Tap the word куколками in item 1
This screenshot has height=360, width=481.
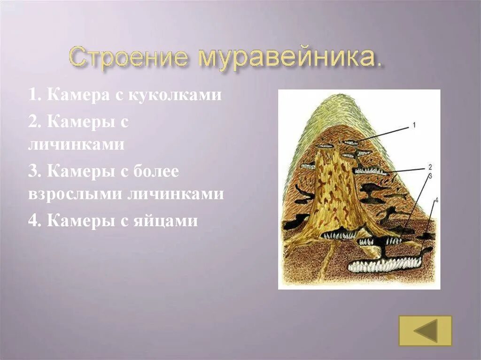[x=181, y=95]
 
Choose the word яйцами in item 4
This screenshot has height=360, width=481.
[x=166, y=220]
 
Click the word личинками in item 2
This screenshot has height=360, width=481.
[x=76, y=144]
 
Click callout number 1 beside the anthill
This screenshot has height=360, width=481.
[x=414, y=125]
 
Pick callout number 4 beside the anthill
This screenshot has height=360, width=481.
[x=436, y=200]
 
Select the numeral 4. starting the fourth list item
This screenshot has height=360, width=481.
[x=34, y=220]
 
